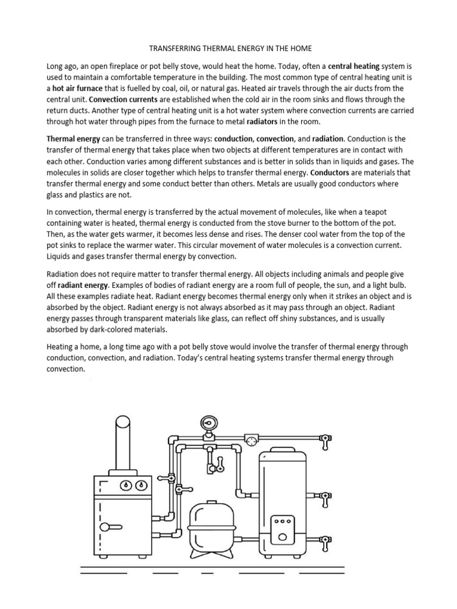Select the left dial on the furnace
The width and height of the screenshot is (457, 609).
[126, 484]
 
